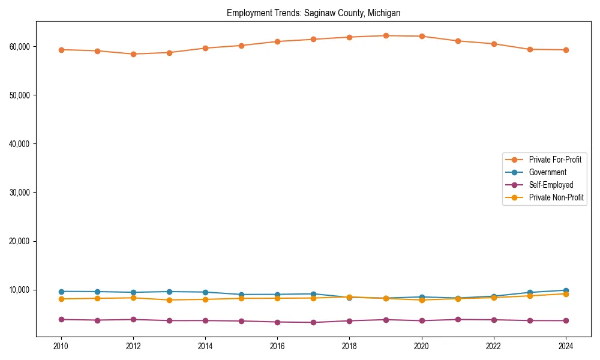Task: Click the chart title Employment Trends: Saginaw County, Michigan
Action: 313,13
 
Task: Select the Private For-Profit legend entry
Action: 555,160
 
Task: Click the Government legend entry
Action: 547,172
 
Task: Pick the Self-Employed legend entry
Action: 551,185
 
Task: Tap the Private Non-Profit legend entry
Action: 556,197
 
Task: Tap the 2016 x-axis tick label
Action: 277,346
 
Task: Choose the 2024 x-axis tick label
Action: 566,346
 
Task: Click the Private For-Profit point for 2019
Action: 386,36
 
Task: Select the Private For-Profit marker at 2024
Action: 566,50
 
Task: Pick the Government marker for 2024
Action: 566,290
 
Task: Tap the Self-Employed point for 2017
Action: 313,322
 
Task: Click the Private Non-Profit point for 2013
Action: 169,300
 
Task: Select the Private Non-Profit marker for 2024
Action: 566,294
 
